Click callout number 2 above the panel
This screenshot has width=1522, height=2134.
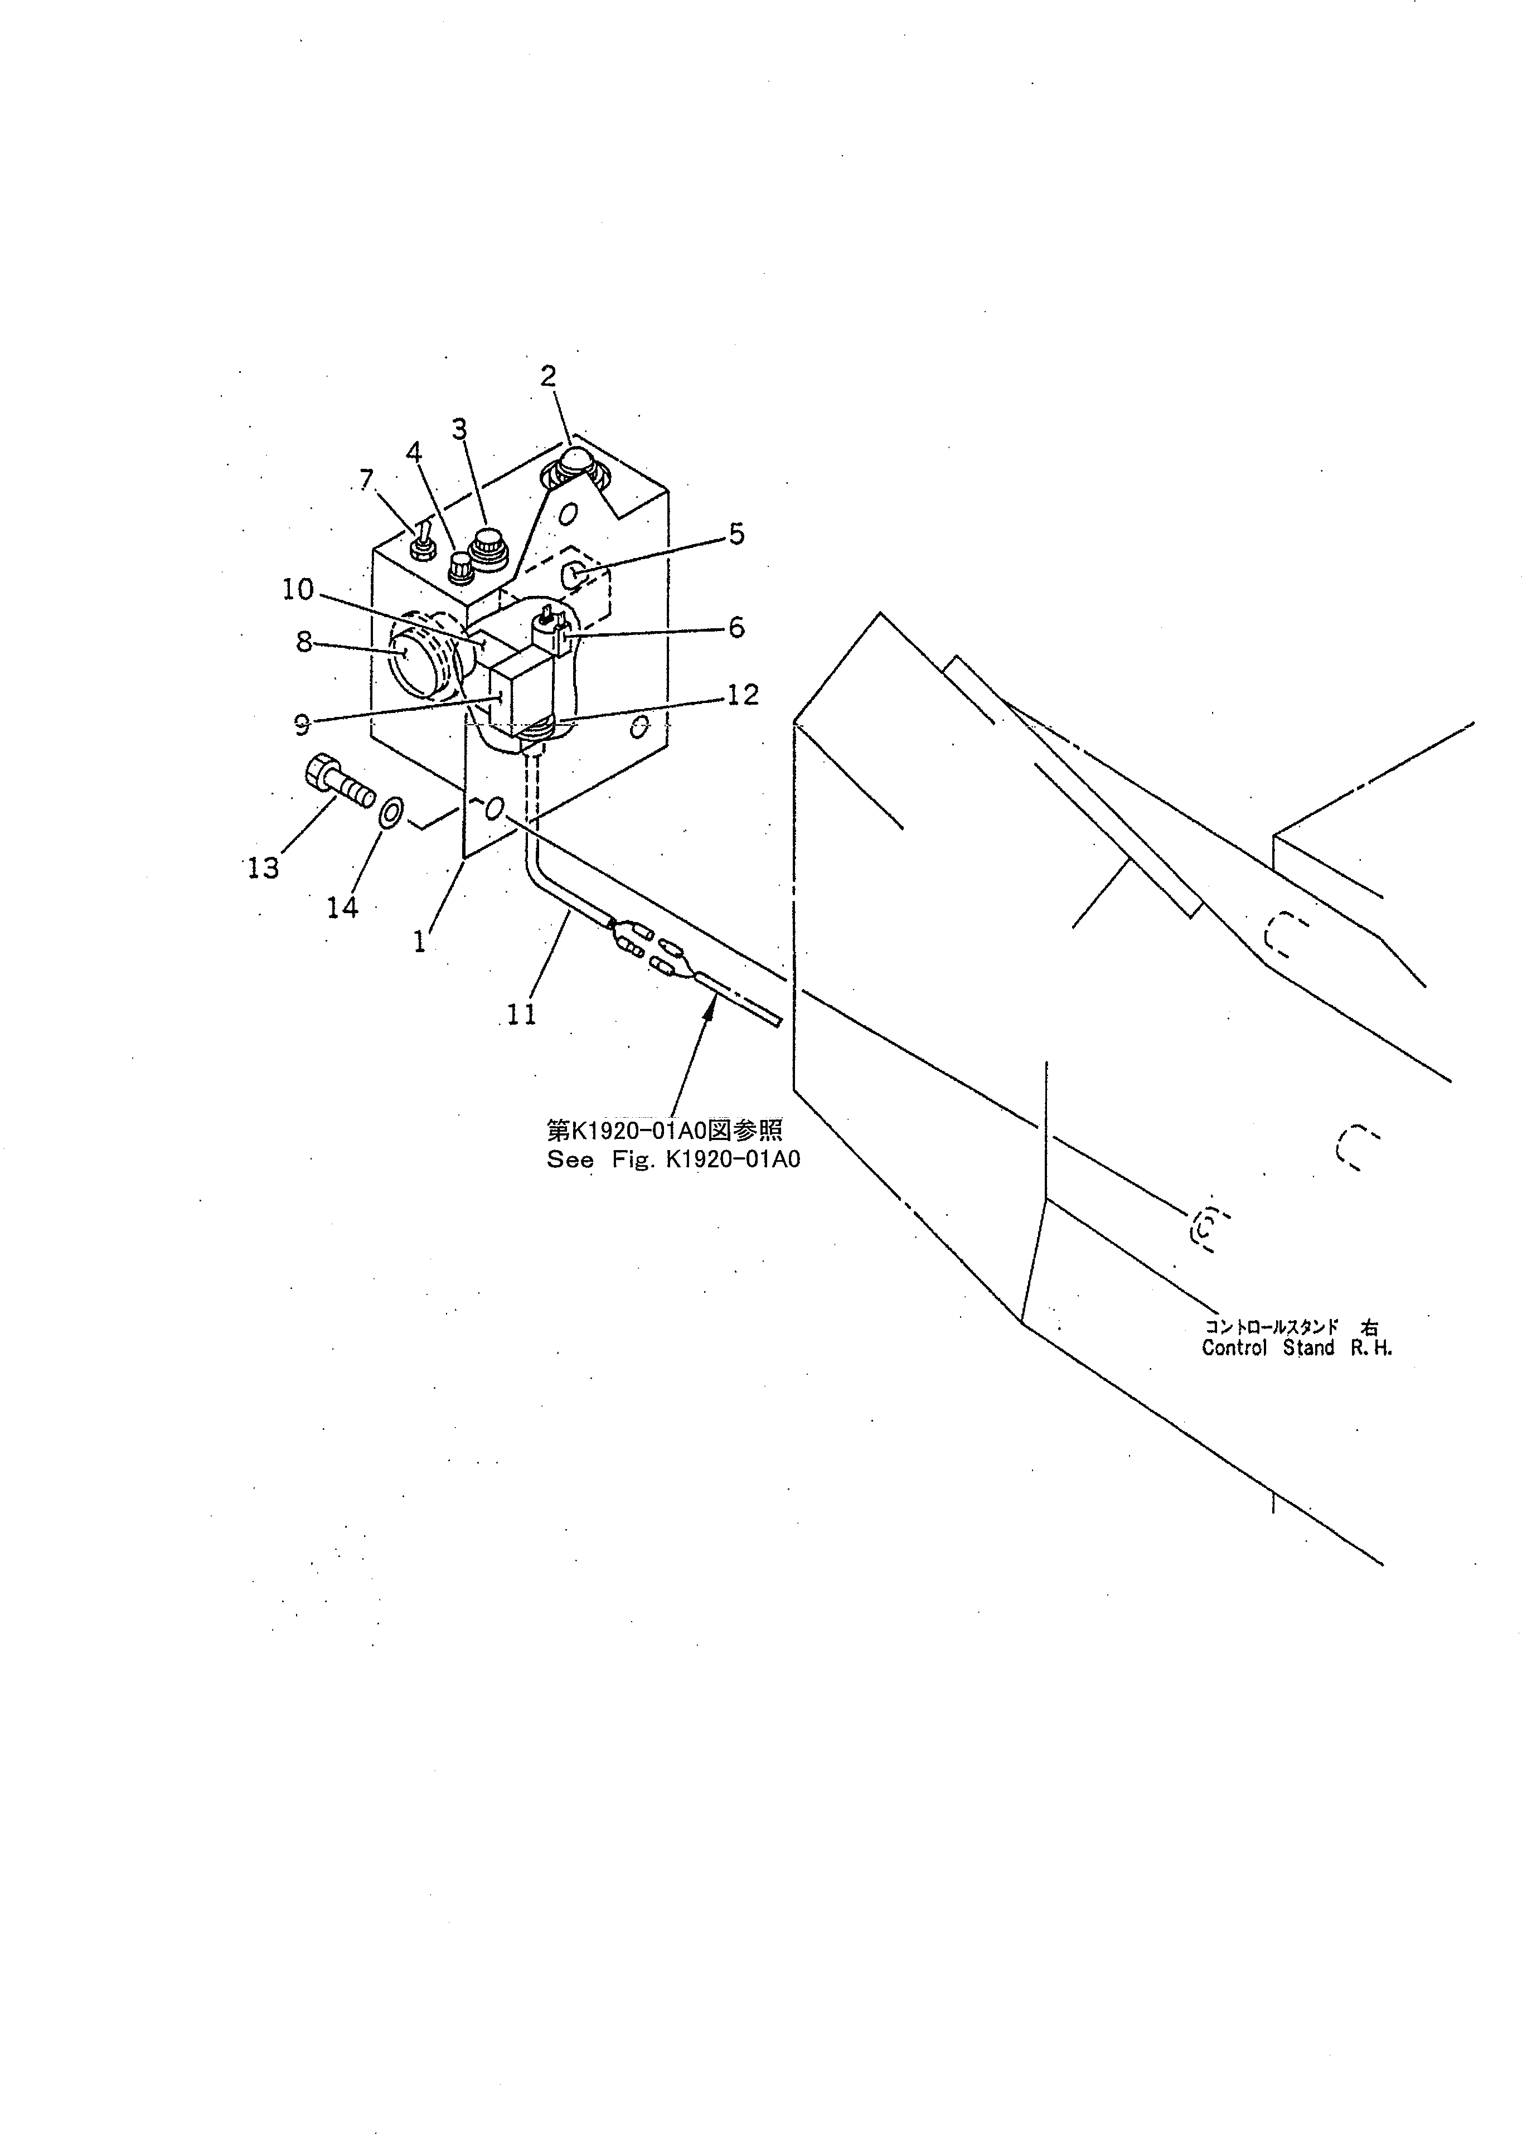[x=548, y=377]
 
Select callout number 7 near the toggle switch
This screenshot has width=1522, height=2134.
[x=366, y=481]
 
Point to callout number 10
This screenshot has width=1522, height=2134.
[x=299, y=589]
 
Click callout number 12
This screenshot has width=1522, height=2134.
[x=742, y=695]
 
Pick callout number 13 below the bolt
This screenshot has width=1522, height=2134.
[x=263, y=869]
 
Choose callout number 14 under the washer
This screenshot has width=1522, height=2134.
[x=343, y=907]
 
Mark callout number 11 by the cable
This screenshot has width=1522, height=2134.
[x=521, y=1014]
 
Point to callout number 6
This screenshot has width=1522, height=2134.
[x=736, y=627]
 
